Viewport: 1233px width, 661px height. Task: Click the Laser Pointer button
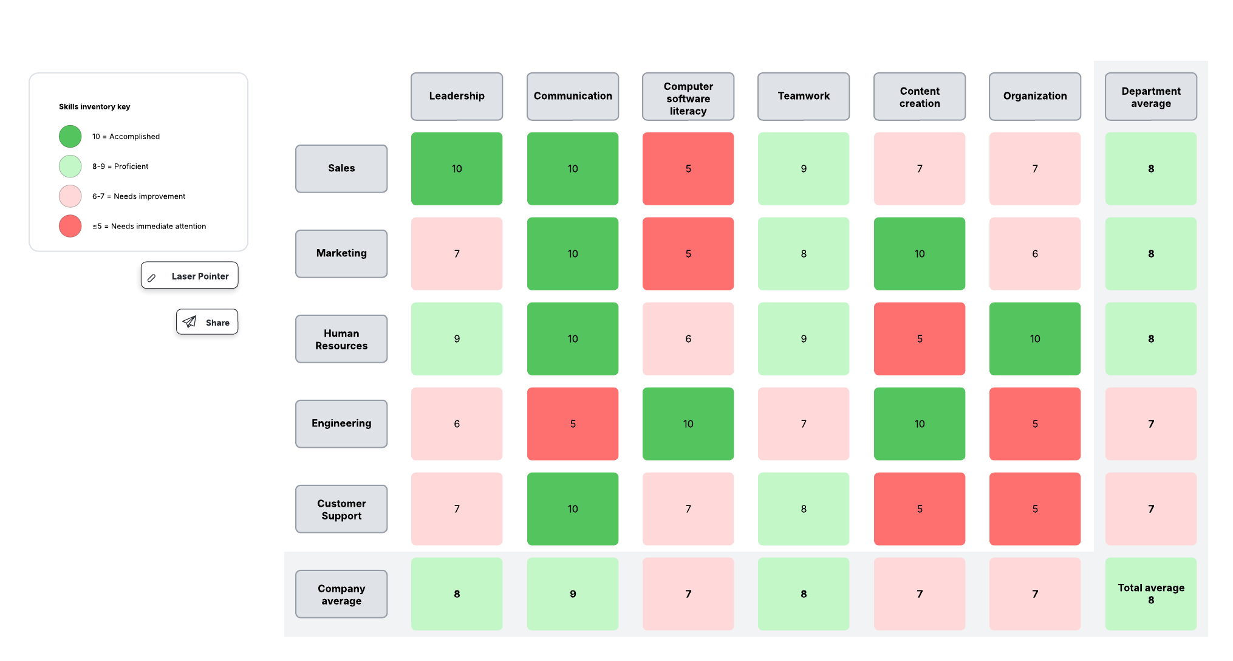(190, 276)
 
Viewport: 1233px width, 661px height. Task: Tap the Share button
(207, 322)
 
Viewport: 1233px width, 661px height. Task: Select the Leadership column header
(457, 96)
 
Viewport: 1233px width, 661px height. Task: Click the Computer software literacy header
(688, 97)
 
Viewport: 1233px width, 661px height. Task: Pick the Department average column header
(1150, 97)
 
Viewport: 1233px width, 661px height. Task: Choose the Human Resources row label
(341, 339)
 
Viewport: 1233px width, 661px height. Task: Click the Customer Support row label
(341, 509)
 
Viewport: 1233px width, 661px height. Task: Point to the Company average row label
(341, 594)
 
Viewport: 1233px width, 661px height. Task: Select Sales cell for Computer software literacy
(688, 168)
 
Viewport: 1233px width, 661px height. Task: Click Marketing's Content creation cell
(919, 253)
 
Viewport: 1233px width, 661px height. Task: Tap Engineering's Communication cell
(573, 423)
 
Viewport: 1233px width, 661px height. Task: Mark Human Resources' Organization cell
(1035, 338)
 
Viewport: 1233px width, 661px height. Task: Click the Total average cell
(1150, 594)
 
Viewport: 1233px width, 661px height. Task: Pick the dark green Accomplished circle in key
(70, 136)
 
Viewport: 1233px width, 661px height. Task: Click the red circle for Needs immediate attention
(70, 226)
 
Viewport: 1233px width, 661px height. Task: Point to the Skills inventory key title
(95, 106)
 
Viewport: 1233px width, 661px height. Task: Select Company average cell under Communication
(573, 594)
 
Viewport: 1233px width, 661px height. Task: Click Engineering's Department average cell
(1150, 423)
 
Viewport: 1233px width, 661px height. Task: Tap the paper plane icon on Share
(190, 322)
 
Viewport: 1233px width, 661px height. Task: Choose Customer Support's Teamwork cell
(804, 509)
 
